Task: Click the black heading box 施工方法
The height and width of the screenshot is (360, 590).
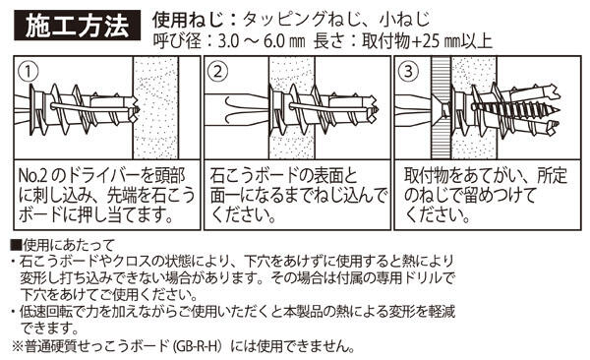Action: pos(77,26)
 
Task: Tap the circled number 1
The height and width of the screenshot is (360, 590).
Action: pos(29,72)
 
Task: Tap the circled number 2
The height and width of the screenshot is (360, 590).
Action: pos(218,72)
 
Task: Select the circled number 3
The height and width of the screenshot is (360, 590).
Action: pos(408,72)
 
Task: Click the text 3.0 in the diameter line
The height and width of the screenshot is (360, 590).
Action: pos(229,41)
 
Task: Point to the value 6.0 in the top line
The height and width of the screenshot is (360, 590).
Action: pos(274,41)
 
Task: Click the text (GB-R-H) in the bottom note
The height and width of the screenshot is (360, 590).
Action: pos(198,346)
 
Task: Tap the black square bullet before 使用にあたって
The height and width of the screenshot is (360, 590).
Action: pos(17,246)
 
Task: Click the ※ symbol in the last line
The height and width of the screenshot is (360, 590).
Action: pos(18,346)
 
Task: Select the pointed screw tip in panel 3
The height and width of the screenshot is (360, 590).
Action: pos(557,111)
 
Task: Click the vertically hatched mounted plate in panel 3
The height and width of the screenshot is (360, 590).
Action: pos(441,107)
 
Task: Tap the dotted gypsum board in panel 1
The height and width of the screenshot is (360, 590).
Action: pos(156,107)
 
